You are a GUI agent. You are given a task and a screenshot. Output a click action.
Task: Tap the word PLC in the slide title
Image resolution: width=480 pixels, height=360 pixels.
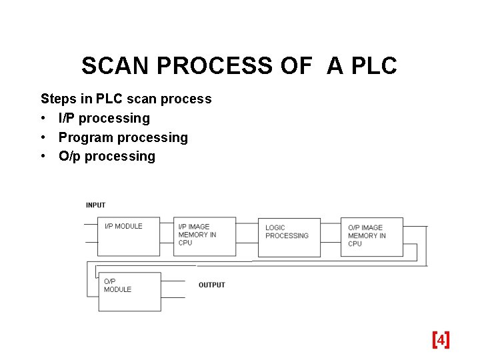coord(371,66)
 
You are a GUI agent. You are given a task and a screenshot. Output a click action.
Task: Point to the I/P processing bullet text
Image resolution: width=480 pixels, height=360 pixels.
coord(104,119)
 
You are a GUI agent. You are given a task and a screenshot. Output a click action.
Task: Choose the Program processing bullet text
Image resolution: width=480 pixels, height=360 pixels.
coord(123,138)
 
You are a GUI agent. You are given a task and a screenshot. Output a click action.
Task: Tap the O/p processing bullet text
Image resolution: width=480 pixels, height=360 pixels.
coord(107,157)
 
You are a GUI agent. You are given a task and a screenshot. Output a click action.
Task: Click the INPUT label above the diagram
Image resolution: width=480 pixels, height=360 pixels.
coord(95,205)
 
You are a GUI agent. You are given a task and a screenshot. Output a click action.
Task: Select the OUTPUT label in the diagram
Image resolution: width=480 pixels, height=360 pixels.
coord(212,285)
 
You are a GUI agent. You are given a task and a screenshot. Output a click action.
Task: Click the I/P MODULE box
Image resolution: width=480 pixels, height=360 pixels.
coord(129,237)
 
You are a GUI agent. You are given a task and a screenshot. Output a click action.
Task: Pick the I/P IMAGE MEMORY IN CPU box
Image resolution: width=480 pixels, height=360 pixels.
coord(205,237)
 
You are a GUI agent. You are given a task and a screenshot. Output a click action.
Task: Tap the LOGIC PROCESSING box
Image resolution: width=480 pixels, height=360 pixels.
coord(288,237)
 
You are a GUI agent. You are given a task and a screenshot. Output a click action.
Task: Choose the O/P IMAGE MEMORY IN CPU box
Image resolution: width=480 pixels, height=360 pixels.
coord(371,237)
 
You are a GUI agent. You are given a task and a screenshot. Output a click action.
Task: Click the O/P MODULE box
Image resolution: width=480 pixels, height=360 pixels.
coord(129,292)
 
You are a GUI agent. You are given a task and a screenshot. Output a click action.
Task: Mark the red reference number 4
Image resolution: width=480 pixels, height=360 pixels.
coord(441,341)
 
